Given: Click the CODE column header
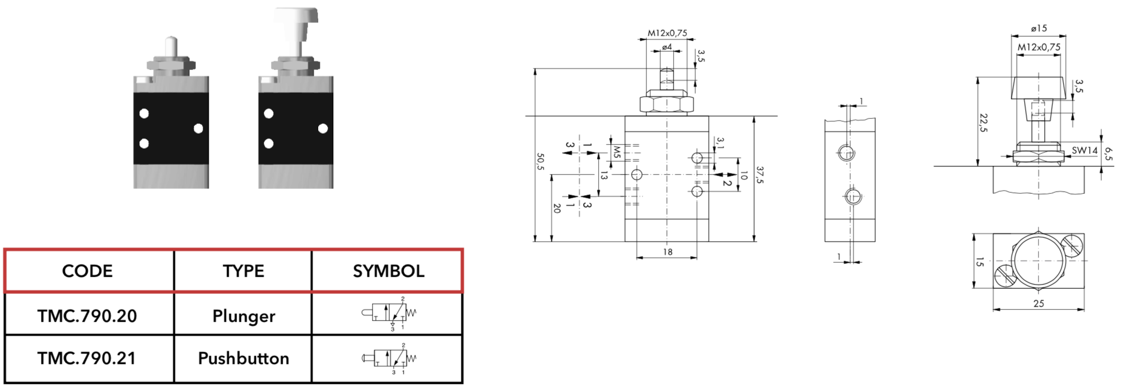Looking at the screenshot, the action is click(87, 271).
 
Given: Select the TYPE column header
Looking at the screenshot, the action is click(243, 271).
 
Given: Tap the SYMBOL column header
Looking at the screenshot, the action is click(388, 271).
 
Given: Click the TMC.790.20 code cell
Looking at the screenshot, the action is click(87, 316).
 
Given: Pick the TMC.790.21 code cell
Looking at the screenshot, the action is click(87, 358).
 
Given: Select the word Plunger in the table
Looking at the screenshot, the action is click(244, 317).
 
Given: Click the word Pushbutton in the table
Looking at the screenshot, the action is click(244, 358).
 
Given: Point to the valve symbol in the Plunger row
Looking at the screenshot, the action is click(389, 314).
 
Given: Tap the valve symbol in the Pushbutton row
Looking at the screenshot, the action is click(389, 359).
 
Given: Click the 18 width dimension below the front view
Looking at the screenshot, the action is click(668, 252).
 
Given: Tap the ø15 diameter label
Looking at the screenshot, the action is click(1039, 28).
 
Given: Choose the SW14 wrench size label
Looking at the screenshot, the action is click(1085, 151).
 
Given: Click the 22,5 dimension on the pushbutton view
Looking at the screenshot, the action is click(984, 123).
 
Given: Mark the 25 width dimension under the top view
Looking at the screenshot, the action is click(1039, 304).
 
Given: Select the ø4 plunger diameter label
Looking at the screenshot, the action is click(667, 47).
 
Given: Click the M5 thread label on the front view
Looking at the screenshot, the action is click(616, 152).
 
